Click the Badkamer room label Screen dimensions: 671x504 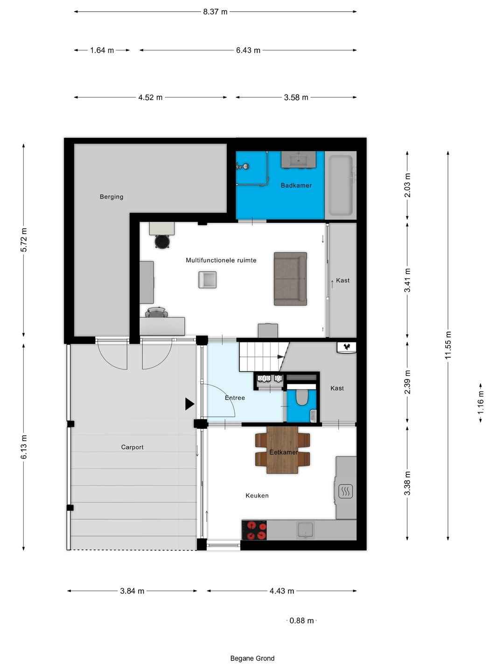[296, 185]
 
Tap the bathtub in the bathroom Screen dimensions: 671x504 [341, 185]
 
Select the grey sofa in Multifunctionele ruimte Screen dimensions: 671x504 [290, 279]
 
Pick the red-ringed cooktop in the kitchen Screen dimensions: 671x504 [254, 530]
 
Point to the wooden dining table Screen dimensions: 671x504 [282, 450]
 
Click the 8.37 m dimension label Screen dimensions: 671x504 [215, 12]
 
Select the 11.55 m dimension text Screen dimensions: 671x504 [448, 345]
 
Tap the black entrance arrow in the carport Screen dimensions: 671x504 [189, 404]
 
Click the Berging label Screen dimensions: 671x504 [112, 197]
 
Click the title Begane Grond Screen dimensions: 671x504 [252, 658]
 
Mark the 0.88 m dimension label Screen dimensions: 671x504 [301, 621]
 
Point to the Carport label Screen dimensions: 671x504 [132, 447]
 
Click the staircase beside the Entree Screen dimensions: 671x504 [260, 356]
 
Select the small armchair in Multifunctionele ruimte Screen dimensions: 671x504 [207, 280]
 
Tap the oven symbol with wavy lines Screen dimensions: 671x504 [345, 491]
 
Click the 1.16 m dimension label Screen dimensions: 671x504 [481, 403]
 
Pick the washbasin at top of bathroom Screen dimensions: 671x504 [299, 160]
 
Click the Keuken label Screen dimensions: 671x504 [257, 496]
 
